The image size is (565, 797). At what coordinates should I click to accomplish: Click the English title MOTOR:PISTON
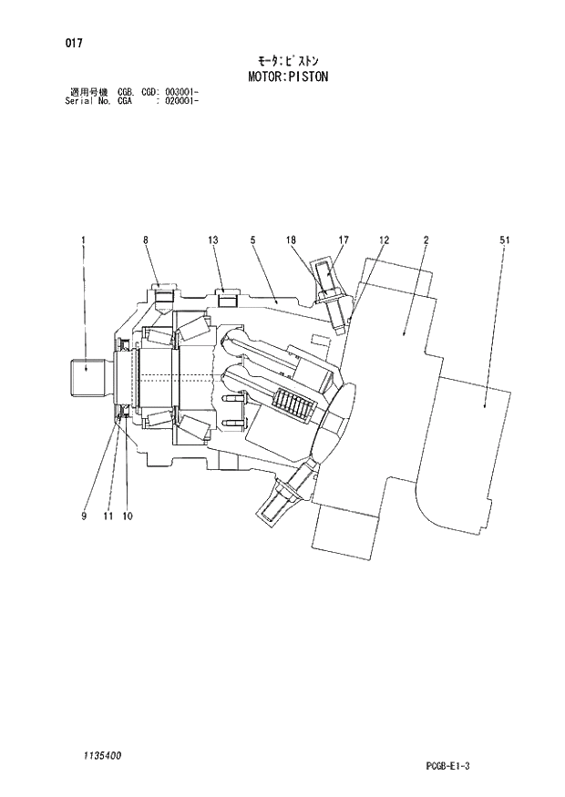point(288,77)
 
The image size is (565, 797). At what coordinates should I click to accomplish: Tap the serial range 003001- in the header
point(180,92)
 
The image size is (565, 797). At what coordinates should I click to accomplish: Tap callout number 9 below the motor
point(83,516)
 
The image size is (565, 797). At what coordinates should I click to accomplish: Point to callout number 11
point(108,516)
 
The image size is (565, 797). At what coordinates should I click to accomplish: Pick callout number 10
point(127,516)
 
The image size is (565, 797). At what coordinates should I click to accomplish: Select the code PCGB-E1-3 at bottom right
point(446,767)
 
